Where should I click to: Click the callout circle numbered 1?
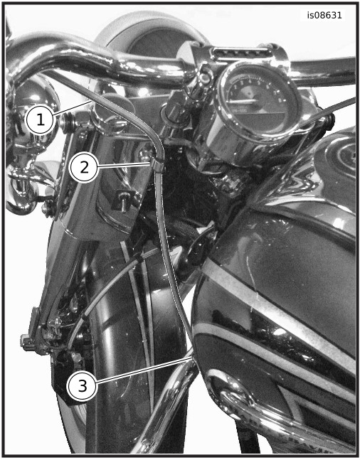tap(41, 120)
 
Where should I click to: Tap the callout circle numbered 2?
tap(84, 168)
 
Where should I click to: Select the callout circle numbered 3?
tap(83, 386)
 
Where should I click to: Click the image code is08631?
tap(324, 15)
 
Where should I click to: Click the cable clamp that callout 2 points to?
tap(158, 165)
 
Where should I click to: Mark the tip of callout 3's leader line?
tap(191, 357)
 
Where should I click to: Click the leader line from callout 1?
tap(72, 107)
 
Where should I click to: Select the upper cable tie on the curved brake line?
tap(139, 259)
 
